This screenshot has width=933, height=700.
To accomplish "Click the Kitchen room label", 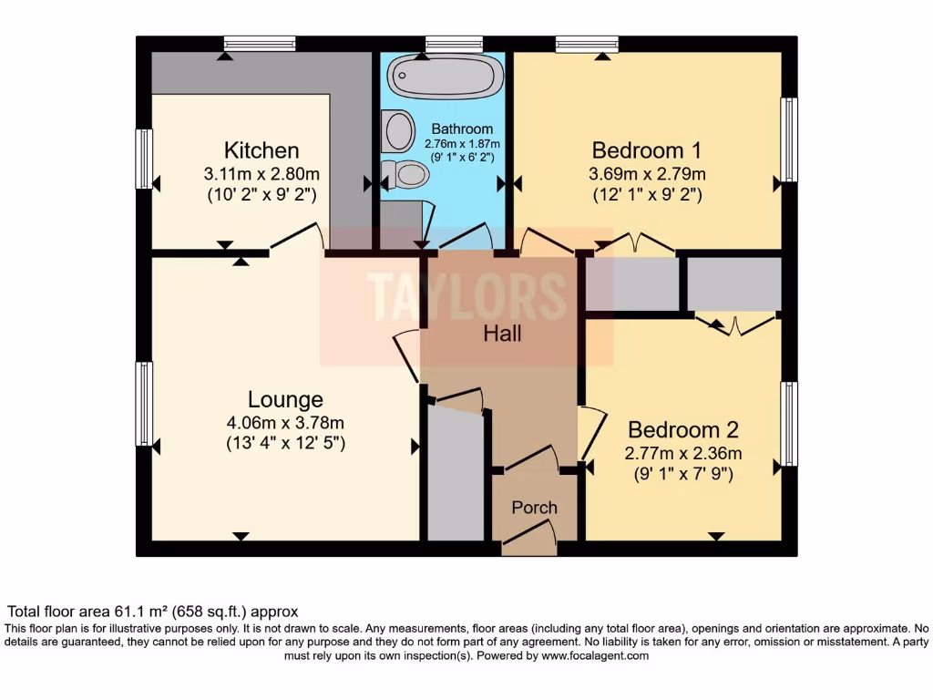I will tap(261, 150).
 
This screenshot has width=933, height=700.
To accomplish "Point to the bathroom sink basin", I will tap(398, 131).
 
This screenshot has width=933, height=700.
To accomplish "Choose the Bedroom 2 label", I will tap(682, 429).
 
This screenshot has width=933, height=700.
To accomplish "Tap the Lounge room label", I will tap(285, 399).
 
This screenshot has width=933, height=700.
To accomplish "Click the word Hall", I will tap(502, 334).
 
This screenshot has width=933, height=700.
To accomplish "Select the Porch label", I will tap(534, 508).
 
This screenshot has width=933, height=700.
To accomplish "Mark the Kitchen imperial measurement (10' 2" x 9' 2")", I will tap(261, 194).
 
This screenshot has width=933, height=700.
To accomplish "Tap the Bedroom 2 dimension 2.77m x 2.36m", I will tap(682, 453).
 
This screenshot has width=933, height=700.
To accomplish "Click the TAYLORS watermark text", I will tap(466, 294).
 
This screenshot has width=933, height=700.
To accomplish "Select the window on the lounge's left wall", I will tap(144, 404).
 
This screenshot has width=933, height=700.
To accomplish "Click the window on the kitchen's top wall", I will tap(260, 43).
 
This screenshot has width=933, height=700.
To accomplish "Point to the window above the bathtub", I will tap(453, 43).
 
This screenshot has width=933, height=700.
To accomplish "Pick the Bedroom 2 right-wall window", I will tap(789, 424).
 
